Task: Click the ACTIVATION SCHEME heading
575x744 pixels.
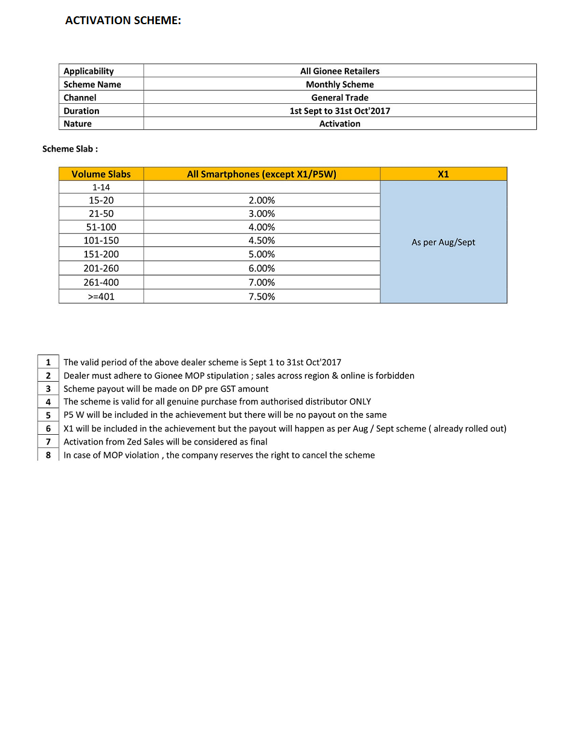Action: tap(123, 21)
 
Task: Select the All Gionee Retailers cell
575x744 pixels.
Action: tap(339, 71)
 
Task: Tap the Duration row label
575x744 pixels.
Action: tap(82, 111)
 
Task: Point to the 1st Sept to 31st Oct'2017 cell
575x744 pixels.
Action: tap(339, 111)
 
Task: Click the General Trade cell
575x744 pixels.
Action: tap(339, 98)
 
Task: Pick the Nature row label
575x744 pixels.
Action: tap(78, 124)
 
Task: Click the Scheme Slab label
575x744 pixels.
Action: tap(70, 149)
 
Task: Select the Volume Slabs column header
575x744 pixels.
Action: tap(101, 175)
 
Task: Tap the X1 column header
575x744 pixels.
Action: tap(443, 175)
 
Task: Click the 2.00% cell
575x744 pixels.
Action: tap(262, 200)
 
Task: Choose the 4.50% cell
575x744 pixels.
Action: tap(262, 240)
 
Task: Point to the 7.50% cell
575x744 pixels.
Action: tap(262, 297)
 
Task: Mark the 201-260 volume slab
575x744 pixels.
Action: tap(101, 269)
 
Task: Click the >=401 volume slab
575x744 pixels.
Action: tap(101, 297)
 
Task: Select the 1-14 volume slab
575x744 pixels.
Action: tap(101, 188)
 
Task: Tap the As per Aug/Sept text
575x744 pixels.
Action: tap(443, 243)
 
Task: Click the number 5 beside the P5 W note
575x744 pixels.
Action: tap(48, 415)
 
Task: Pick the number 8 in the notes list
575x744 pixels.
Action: tap(48, 455)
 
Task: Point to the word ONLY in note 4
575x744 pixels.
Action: tap(360, 402)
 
